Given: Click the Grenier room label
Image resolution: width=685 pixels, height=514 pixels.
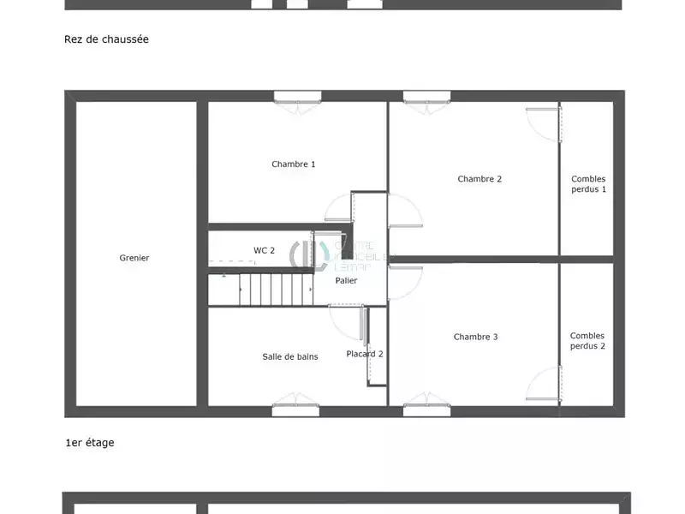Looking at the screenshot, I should [134, 258].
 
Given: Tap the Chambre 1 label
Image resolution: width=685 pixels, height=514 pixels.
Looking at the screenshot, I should [294, 164].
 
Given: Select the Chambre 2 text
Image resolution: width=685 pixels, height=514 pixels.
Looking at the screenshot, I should [479, 179].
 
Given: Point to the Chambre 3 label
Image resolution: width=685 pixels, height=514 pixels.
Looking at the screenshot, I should [475, 337].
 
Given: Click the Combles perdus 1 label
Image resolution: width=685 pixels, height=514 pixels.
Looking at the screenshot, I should [588, 184].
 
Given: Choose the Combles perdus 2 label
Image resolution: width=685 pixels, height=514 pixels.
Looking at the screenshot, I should [587, 341].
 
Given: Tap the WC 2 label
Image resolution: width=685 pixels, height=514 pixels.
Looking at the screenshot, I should [264, 250].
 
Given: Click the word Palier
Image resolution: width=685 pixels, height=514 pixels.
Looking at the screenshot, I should [346, 280].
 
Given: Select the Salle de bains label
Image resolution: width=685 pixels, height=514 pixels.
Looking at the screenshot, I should [289, 356].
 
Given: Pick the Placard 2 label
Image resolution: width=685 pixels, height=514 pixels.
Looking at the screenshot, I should [364, 354].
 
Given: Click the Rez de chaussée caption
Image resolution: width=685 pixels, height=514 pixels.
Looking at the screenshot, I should [106, 39].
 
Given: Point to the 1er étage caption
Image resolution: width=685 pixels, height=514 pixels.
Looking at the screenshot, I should [89, 443].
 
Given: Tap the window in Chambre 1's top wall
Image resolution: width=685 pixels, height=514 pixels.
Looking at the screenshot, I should [296, 97].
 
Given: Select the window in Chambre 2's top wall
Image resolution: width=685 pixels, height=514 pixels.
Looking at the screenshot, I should [426, 97].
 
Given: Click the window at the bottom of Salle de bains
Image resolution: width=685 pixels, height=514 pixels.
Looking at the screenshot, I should [295, 410].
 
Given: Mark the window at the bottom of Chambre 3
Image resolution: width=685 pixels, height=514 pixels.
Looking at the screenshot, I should [426, 410].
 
